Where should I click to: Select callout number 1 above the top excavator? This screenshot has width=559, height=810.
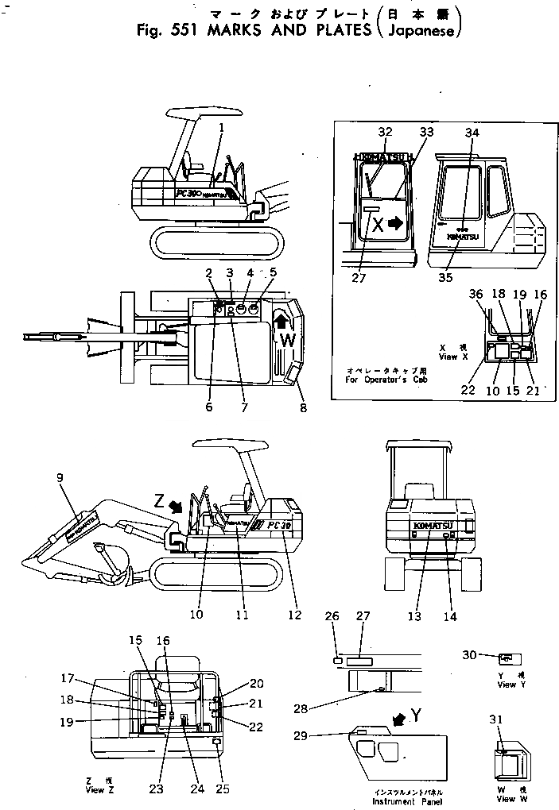(222, 127)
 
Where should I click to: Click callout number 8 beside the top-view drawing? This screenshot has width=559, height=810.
(302, 408)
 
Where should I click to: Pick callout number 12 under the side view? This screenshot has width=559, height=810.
(296, 613)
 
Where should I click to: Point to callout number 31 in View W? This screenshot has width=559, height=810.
(499, 720)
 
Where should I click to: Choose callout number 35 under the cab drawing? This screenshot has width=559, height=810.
(447, 277)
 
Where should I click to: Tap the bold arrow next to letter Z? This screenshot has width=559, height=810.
(177, 504)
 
